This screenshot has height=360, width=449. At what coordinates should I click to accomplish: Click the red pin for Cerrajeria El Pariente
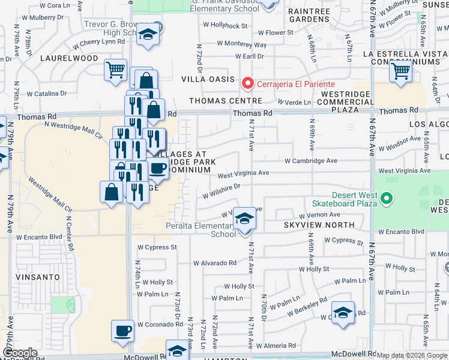point(246,83)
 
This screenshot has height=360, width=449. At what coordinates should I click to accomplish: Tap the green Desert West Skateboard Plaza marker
point(387,197)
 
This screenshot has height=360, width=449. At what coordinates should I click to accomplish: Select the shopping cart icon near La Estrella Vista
point(400,71)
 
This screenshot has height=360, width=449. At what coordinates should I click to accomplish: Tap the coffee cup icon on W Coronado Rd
point(123,331)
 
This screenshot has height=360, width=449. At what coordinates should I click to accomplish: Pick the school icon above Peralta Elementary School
point(244,219)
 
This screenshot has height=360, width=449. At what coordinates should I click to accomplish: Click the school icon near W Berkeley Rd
point(343,313)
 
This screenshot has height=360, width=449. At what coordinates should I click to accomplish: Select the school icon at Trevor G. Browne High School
point(146,35)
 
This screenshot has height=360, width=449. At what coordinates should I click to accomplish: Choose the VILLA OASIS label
point(206,79)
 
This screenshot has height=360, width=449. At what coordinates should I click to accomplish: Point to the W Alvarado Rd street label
point(215,263)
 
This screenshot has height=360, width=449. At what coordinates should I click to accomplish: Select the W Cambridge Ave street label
point(310,161)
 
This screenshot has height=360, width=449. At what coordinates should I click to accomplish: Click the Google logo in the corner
point(20,353)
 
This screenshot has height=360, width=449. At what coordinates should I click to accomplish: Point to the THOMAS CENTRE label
point(218,101)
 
